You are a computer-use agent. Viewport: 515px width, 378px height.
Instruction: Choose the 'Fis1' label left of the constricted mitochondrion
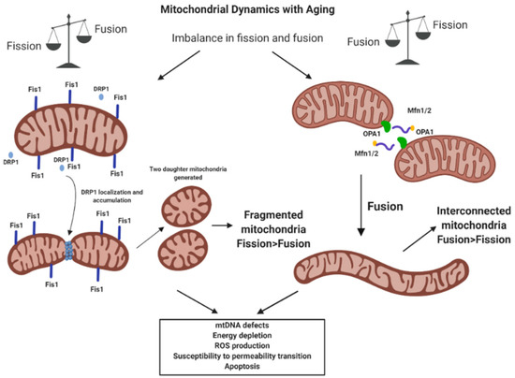tap(16, 225)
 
